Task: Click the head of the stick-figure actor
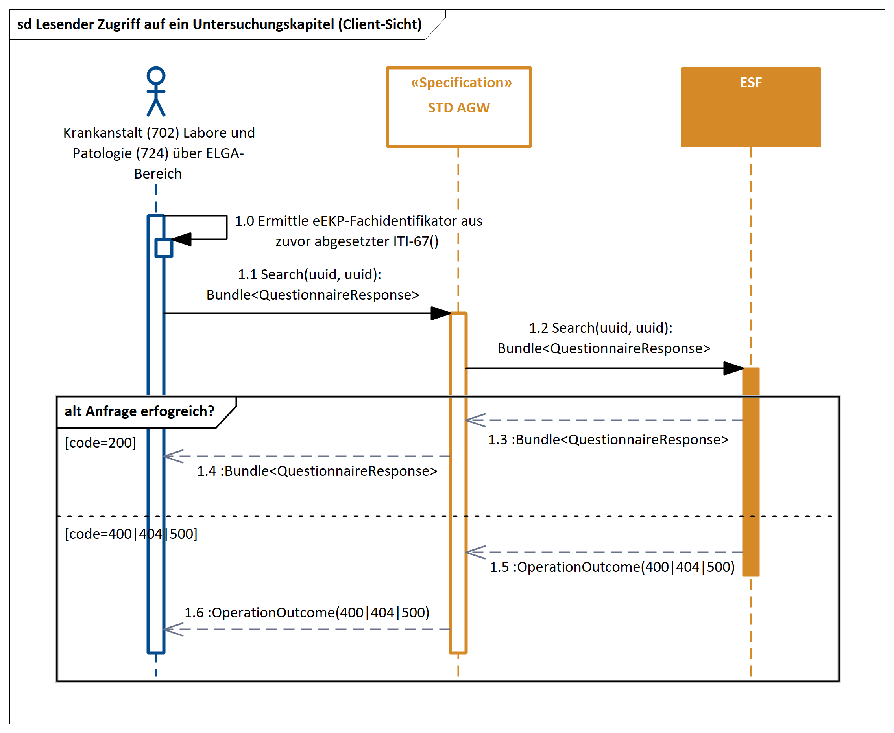[156, 76]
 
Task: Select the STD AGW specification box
[459, 127]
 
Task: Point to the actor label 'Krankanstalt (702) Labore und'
[159, 133]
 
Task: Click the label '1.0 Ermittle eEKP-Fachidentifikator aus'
[358, 221]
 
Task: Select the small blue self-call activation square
[164, 248]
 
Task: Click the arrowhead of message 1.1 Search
[440, 313]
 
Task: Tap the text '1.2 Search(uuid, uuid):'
[600, 328]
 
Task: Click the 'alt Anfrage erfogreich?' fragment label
[139, 411]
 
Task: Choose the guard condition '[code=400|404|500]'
[131, 534]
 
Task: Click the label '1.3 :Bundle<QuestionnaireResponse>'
[608, 440]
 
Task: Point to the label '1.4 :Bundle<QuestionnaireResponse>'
[317, 471]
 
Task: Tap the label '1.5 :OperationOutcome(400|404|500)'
[612, 567]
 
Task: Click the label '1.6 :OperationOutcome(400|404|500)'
[307, 612]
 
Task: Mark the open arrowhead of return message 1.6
[172, 629]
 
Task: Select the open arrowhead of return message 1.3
[475, 420]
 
